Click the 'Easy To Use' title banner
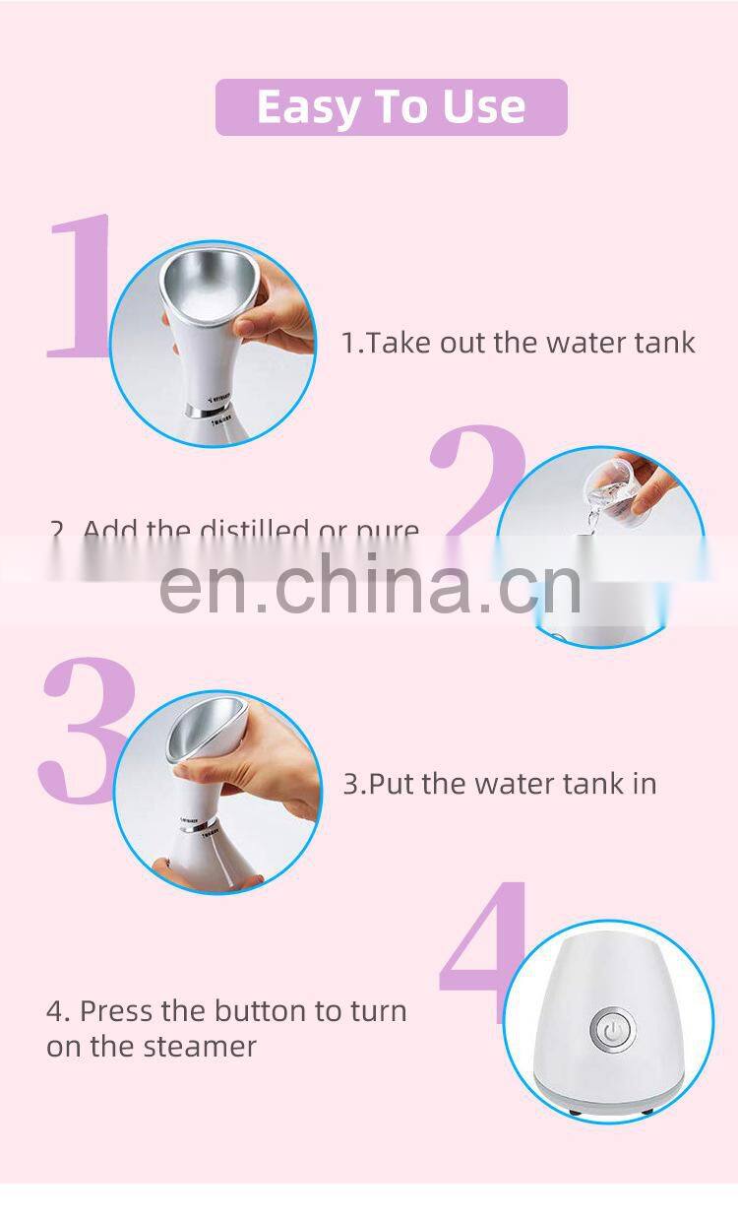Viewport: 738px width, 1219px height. point(391,107)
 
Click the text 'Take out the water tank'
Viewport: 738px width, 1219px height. point(529,343)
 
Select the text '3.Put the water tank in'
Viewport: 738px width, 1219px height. point(499,784)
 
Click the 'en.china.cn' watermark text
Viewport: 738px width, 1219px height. point(370,583)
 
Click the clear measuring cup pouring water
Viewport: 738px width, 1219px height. point(608,485)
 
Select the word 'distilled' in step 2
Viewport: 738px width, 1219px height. point(256,531)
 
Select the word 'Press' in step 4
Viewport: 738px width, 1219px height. point(114,1010)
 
